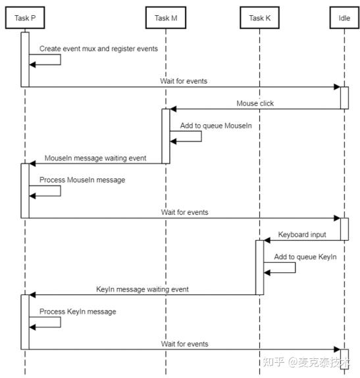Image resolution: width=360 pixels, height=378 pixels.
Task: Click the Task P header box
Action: point(25,18)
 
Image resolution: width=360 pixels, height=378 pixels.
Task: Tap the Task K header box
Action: point(259,18)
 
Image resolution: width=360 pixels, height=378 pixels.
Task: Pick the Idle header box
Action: point(344,18)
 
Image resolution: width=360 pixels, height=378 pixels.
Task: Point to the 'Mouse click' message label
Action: point(255,103)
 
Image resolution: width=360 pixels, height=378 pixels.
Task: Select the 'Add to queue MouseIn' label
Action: point(216,125)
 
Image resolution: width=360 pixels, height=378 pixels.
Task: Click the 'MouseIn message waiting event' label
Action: point(95,158)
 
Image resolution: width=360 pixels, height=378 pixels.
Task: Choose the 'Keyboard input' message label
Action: point(301,234)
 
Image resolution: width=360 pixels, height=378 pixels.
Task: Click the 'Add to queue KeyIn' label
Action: point(305,256)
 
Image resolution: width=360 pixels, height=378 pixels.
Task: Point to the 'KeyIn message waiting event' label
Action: point(142,289)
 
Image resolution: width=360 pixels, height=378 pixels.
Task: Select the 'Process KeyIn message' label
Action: point(78,311)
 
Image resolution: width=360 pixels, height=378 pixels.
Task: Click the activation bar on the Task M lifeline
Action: point(166,135)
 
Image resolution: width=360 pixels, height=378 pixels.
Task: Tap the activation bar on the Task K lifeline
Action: point(260,267)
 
